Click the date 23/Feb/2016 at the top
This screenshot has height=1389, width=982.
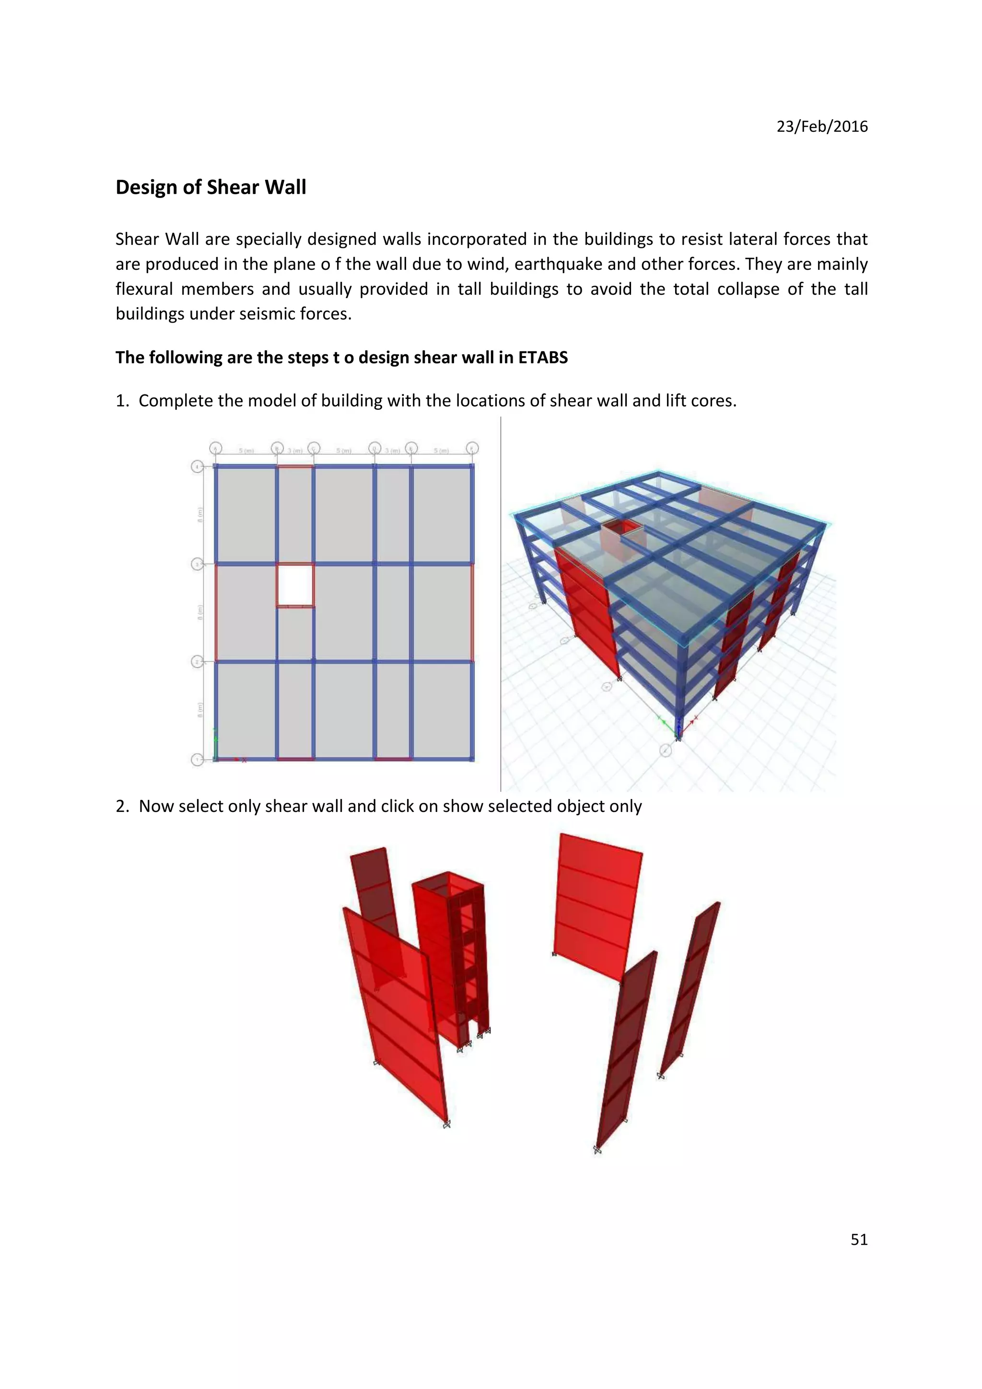point(822,127)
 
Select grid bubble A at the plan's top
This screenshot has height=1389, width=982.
point(216,448)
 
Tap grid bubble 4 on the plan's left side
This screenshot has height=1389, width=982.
point(197,466)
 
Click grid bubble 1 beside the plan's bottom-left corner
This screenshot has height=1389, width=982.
point(197,759)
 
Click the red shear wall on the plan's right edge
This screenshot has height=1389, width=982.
point(472,612)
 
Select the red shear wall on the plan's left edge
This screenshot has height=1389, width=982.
point(216,612)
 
